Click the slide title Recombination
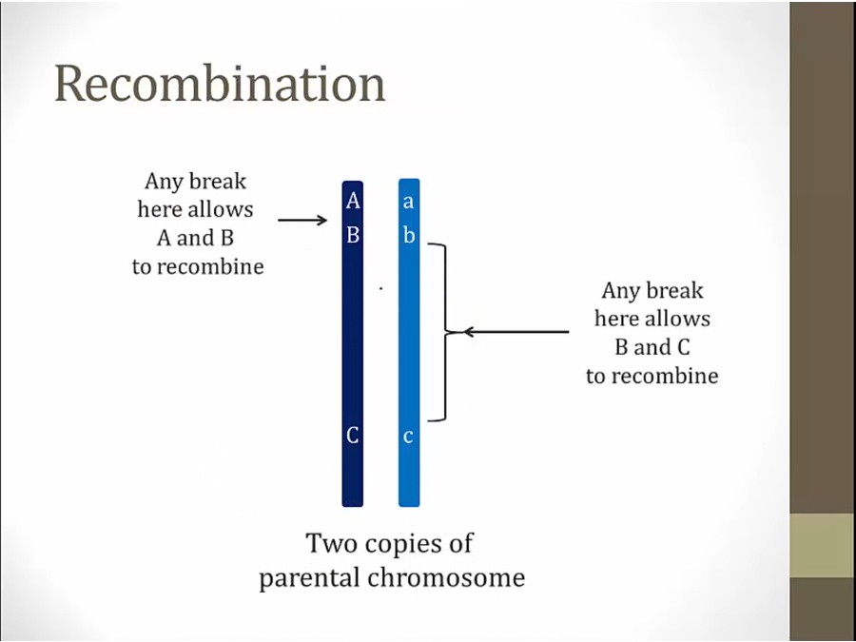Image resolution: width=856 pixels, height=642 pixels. (220, 84)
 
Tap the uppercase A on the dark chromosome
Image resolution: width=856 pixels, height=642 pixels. (353, 202)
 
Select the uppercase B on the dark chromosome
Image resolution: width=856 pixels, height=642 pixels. (353, 235)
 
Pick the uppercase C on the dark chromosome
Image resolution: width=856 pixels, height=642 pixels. (353, 435)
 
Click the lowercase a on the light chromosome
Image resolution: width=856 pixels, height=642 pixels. (408, 203)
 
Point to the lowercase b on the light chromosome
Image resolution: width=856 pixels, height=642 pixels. (409, 235)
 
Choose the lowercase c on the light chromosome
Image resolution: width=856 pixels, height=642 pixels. (408, 437)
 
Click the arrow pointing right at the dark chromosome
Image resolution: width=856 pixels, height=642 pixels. (302, 220)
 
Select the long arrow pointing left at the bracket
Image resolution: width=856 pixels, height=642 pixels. (516, 331)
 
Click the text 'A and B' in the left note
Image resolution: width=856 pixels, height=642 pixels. (195, 238)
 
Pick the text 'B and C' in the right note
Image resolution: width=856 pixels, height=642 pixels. (652, 347)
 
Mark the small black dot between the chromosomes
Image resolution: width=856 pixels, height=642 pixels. (380, 288)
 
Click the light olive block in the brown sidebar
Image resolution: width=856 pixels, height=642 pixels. (822, 545)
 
